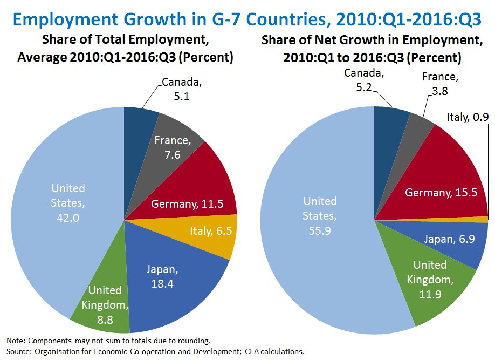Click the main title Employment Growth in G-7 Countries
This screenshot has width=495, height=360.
coord(247,19)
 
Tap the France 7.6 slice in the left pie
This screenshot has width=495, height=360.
coord(172,147)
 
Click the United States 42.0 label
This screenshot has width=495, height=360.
coord(68,202)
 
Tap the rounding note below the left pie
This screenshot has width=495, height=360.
coord(108,341)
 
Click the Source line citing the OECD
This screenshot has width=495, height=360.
coord(155,352)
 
